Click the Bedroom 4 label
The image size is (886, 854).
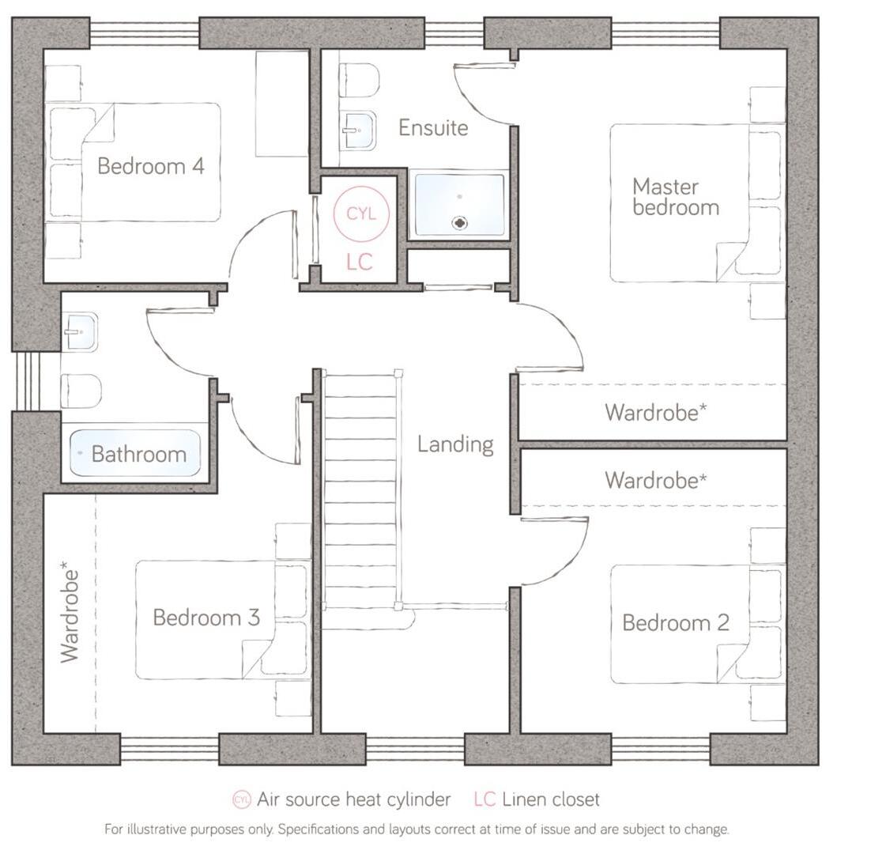[150, 166]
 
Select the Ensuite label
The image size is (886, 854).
[432, 127]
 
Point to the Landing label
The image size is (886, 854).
[455, 444]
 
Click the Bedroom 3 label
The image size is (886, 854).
[205, 617]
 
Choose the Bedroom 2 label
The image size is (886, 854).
[676, 622]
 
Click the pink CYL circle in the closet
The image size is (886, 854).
[360, 213]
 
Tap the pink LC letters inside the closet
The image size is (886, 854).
[359, 262]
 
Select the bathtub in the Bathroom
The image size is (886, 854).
[135, 453]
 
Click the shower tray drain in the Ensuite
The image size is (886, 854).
[459, 224]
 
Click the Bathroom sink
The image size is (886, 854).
[81, 333]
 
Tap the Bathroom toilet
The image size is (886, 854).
[81, 390]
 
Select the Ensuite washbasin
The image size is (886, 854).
[358, 130]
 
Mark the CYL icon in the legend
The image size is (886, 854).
[242, 799]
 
